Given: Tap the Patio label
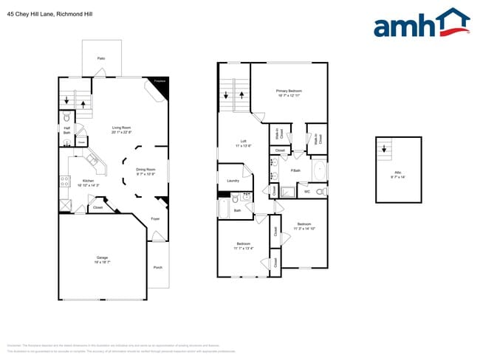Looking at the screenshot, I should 100,58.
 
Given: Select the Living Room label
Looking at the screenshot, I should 122,129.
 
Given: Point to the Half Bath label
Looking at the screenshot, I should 66,131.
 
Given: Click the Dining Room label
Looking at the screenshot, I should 145,172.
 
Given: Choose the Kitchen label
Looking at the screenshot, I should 88,183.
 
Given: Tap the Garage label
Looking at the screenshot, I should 101,259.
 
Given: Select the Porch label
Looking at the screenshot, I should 157,267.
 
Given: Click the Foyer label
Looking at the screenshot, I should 155,219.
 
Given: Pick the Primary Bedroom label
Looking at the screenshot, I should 289,92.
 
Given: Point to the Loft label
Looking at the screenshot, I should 243,143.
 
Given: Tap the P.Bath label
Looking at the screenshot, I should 295,171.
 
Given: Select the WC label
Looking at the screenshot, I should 307,192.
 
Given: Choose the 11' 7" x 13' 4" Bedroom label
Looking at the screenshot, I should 244,246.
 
